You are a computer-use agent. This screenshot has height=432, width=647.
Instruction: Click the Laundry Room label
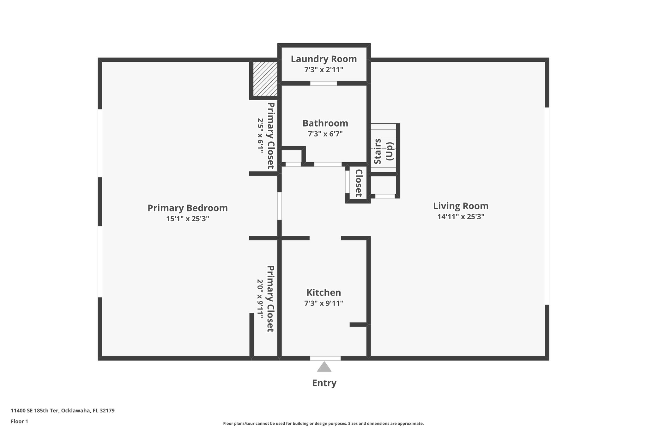pos(324,59)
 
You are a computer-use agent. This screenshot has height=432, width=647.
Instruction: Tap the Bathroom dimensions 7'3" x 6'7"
pos(325,134)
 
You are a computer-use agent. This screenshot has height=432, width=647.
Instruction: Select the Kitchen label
pos(324,292)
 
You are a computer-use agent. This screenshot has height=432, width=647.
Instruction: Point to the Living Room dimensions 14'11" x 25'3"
pos(461,217)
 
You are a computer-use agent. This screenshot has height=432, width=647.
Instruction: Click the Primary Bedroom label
pos(188,208)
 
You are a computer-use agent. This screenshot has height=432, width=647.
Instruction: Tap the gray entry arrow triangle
pos(324,367)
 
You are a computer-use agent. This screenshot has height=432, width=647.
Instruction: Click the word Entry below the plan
pos(324,383)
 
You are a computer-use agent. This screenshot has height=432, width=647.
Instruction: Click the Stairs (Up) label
pos(384,151)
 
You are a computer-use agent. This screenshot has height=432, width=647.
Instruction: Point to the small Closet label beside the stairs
pos(359,183)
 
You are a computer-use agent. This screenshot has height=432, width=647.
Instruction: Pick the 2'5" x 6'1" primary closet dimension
pos(260,136)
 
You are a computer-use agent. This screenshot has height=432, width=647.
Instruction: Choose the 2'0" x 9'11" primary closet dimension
pos(260,298)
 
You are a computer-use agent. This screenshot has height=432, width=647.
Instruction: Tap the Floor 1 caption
pos(20,422)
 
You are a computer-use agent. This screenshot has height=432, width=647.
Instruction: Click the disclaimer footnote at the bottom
pos(323,423)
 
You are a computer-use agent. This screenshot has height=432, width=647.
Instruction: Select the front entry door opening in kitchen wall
pos(325,358)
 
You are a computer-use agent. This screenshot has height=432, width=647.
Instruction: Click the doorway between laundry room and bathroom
pos(323,84)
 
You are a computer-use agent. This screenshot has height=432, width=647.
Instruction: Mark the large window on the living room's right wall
pos(547,206)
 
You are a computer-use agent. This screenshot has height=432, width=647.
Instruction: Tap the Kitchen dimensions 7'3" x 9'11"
pos(324,304)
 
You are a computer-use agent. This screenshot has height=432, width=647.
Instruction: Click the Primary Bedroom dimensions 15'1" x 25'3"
pos(188,219)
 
